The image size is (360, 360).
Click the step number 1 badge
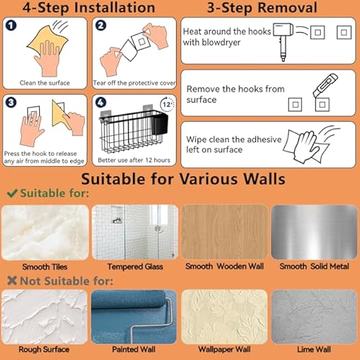pyautogui.click(x=11, y=26)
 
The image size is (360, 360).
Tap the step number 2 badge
pyautogui.click(x=101, y=26)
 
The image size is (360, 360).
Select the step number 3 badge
pyautogui.click(x=11, y=102)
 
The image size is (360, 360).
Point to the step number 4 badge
pyautogui.click(x=101, y=102)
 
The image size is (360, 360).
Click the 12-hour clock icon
pyautogui.click(x=167, y=104)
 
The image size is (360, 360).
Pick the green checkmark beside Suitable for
pyautogui.click(x=12, y=194)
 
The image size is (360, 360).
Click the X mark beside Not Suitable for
pyautogui.click(x=12, y=281)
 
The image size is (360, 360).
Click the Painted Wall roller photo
pyautogui.click(x=134, y=316)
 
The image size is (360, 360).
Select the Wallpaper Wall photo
pyautogui.click(x=224, y=316)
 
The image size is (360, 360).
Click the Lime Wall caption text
pyautogui.click(x=313, y=349)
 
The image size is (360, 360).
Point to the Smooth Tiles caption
pyautogui.click(x=45, y=266)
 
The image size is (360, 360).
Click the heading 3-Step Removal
pyautogui.click(x=262, y=8)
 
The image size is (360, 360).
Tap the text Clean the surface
pyautogui.click(x=45, y=83)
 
